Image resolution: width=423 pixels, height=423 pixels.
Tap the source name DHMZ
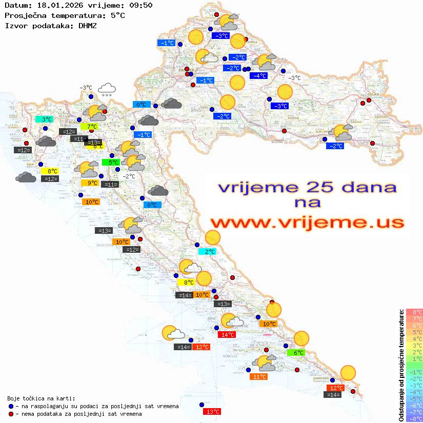click(91, 25)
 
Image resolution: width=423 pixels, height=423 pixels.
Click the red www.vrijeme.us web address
click(307, 223)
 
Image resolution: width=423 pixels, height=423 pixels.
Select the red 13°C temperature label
click(212, 411)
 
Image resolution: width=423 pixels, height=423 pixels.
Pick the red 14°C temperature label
click(227, 335)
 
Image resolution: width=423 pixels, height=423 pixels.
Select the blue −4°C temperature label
click(258, 76)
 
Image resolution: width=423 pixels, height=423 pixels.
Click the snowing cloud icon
click(107, 90)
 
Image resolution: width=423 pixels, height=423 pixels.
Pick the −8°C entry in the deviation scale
click(414, 419)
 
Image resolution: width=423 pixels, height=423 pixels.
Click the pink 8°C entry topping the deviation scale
click(414, 312)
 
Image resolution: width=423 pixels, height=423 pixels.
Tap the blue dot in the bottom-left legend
click(11, 406)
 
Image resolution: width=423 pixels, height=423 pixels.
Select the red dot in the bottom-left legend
click(11, 414)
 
